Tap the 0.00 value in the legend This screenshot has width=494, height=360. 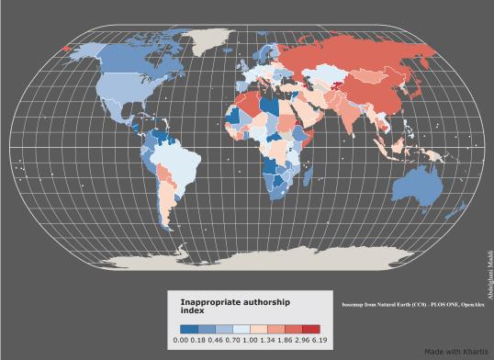click(x=181, y=340)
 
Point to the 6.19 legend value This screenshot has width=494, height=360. click(x=312, y=340)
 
